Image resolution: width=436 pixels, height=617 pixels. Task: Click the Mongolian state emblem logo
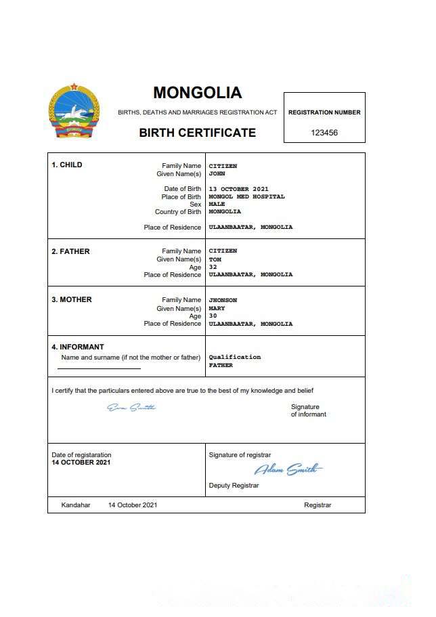(74, 112)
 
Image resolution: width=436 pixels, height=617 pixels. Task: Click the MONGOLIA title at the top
(197, 93)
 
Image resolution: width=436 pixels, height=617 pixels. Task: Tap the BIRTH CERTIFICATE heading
(197, 133)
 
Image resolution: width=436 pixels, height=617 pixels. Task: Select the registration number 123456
(324, 133)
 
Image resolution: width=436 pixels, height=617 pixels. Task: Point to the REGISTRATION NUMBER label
(324, 112)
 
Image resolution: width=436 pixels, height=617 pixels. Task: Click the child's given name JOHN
(217, 174)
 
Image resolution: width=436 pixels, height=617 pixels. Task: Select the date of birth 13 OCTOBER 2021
(238, 189)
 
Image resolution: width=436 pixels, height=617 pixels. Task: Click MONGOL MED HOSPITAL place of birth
(246, 197)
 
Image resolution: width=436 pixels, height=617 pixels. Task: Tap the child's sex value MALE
(217, 204)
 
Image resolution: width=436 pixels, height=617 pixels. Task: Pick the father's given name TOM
(215, 259)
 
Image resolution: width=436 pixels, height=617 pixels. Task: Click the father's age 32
(213, 267)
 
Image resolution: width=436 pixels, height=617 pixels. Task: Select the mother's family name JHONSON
(223, 300)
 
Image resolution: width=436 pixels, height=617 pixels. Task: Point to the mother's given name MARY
(217, 308)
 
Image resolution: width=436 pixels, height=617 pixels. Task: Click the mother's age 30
(213, 316)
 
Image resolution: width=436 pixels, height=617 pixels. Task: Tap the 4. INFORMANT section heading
(78, 347)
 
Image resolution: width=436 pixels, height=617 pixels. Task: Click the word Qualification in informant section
(234, 357)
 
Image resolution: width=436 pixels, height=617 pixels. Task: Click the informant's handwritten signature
(131, 407)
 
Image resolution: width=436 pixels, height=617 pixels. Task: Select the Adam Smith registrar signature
(288, 469)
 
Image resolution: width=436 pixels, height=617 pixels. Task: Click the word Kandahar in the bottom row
(76, 505)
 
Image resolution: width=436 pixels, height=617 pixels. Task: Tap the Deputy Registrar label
(234, 485)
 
